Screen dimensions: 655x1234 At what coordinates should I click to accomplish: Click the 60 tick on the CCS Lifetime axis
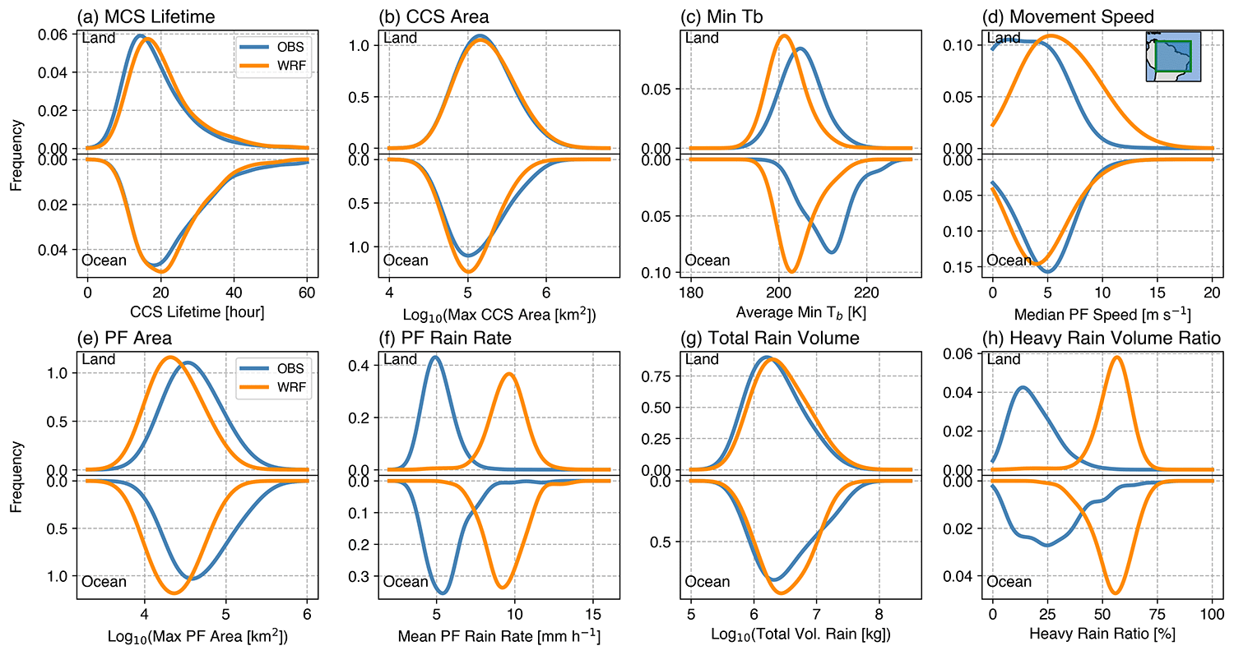(x=307, y=293)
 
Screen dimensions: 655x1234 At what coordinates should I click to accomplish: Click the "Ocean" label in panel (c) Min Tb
(x=707, y=261)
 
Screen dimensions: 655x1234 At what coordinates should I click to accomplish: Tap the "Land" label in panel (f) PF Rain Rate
(x=401, y=359)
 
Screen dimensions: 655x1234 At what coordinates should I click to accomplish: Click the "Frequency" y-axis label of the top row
(x=16, y=154)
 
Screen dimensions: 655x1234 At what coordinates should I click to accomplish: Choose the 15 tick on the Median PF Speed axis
(x=1157, y=293)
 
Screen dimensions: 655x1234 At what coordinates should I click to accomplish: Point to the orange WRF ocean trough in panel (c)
(x=792, y=271)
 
